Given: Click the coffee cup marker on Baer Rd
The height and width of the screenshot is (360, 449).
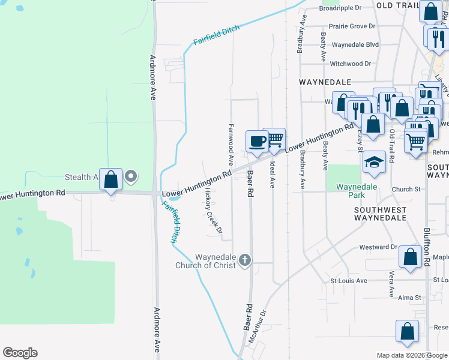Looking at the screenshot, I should (x=257, y=142).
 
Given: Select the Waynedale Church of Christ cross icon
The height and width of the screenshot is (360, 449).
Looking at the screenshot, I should (x=244, y=260).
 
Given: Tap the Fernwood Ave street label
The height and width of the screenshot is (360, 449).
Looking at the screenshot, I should (x=231, y=145).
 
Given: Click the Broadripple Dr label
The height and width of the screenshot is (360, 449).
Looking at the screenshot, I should (x=340, y=8).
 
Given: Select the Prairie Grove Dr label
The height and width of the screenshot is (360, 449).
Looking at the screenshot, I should (x=352, y=26).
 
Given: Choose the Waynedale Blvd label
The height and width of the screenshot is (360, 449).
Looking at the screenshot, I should (x=355, y=45).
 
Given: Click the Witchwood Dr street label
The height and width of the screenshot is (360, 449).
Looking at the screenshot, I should (x=355, y=64).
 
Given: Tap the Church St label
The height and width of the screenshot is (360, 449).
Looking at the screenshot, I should (x=406, y=190).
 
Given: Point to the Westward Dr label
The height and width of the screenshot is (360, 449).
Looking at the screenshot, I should (x=378, y=247).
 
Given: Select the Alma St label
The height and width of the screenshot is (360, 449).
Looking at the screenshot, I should (x=410, y=298).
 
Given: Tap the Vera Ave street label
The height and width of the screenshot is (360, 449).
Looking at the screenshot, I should (x=391, y=284).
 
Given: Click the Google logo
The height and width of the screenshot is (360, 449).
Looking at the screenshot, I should (x=20, y=353).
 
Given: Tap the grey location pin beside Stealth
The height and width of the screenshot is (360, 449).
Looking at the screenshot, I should (x=130, y=177).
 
